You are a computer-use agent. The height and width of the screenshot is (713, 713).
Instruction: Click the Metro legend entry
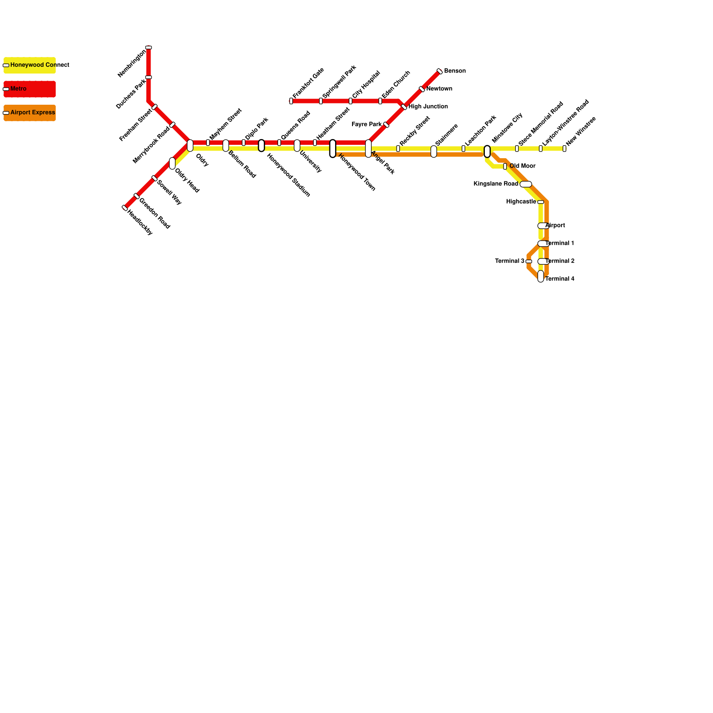(x=29, y=89)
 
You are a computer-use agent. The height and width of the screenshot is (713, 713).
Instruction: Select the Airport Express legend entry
(x=29, y=113)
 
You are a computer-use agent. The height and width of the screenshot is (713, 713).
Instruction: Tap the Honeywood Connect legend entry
(x=29, y=65)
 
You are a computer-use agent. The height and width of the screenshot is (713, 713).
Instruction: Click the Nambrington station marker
(x=148, y=47)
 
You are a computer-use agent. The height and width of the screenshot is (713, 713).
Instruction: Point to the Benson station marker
(x=440, y=71)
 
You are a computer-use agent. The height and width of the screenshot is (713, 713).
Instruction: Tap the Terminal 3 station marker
(x=529, y=262)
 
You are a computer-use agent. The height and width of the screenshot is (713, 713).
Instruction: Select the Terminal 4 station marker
(x=541, y=276)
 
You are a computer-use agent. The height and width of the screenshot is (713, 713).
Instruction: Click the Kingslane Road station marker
(x=526, y=184)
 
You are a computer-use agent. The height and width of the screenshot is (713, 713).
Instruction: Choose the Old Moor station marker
(x=505, y=166)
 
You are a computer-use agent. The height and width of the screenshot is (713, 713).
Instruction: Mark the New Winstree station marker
(x=564, y=148)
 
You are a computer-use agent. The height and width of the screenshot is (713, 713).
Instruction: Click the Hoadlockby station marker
(x=125, y=208)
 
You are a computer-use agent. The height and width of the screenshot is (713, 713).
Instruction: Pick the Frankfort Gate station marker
(x=291, y=101)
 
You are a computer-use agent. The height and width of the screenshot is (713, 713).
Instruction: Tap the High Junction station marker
(x=404, y=107)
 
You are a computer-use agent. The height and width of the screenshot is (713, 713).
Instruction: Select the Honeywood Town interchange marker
(x=333, y=148)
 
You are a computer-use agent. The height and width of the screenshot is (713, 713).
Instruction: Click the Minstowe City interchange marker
(x=487, y=152)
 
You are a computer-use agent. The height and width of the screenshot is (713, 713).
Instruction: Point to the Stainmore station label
(x=447, y=135)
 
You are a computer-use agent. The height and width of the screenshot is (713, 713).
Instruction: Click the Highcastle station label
(x=521, y=202)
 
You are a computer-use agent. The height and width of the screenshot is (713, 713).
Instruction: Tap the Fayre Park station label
(x=366, y=124)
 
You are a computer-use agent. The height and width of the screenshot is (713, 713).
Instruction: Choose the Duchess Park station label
(x=131, y=94)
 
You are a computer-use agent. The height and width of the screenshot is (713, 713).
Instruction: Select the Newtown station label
(x=439, y=89)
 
